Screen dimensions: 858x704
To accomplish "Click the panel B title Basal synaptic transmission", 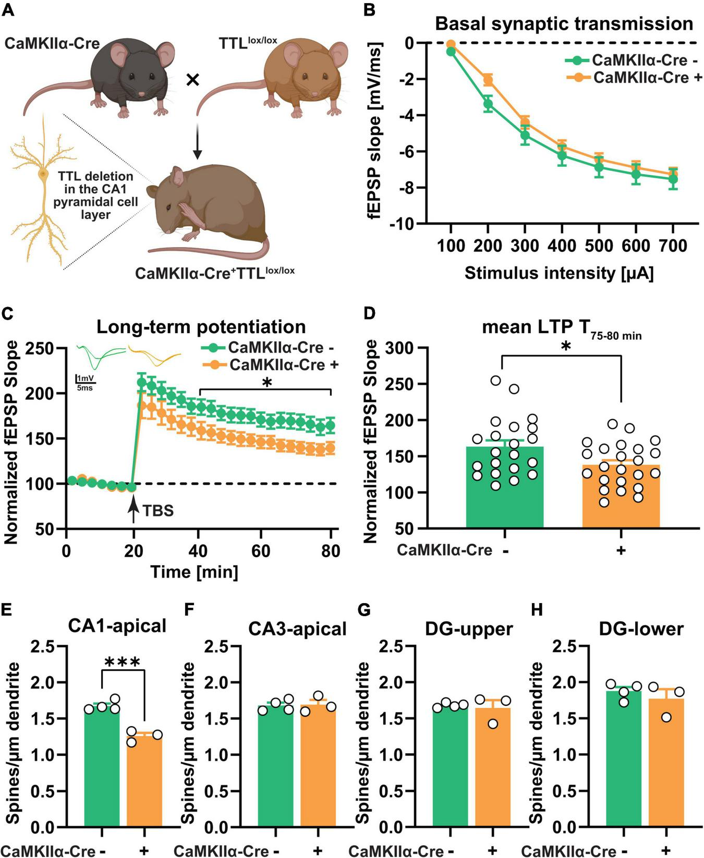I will click(x=564, y=24).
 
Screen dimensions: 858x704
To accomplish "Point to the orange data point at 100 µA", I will click(x=451, y=44).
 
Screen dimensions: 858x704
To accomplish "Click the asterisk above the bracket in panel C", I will click(x=267, y=384).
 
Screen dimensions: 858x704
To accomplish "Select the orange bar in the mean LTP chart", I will click(x=621, y=495).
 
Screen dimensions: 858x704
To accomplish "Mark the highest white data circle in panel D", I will click(x=495, y=381).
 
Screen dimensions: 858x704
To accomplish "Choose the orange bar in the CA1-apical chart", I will click(x=144, y=782).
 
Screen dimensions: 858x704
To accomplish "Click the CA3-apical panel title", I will click(x=297, y=629).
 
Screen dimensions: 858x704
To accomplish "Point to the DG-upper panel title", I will click(x=469, y=629).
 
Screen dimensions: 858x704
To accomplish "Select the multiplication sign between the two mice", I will click(x=193, y=80).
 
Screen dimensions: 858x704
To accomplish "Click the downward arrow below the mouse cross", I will click(x=197, y=141).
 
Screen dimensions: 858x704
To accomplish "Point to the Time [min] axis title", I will click(x=194, y=572).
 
